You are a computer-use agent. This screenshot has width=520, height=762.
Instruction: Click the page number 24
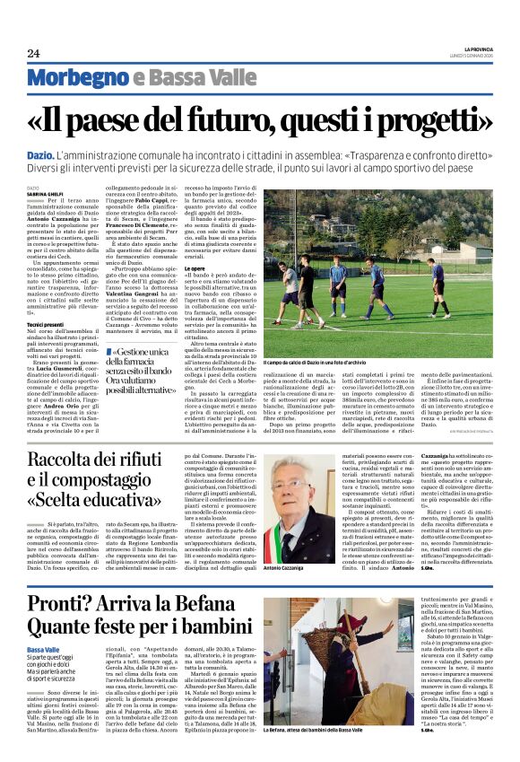pos(33,53)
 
